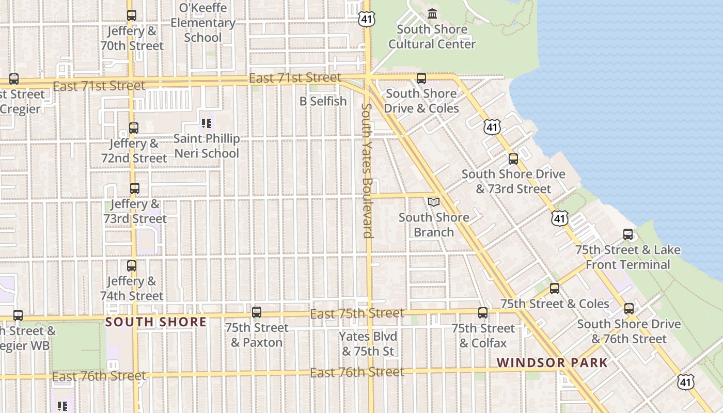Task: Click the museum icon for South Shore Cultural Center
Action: (x=432, y=13)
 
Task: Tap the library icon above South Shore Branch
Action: (x=434, y=202)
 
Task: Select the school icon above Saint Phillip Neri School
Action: (x=207, y=123)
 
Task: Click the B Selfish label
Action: (x=323, y=101)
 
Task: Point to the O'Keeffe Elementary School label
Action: (x=203, y=23)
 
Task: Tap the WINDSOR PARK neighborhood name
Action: (x=552, y=362)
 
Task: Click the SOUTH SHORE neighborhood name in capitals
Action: (x=156, y=322)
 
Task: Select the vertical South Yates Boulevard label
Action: (x=367, y=170)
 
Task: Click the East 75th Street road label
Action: (x=357, y=313)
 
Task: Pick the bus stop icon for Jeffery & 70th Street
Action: (x=132, y=15)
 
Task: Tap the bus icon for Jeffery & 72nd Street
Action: (x=134, y=128)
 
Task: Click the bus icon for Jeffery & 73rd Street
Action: (x=135, y=188)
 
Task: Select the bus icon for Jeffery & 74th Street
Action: (x=132, y=266)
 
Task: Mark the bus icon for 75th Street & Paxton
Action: (x=257, y=312)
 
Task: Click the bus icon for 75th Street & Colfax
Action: (x=483, y=313)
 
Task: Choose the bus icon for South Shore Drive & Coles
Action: (x=421, y=78)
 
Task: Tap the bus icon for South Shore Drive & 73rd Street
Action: (x=513, y=159)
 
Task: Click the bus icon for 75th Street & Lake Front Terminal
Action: (x=628, y=234)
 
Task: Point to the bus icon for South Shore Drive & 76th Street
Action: (x=629, y=309)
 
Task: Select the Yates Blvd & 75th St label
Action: (x=368, y=344)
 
